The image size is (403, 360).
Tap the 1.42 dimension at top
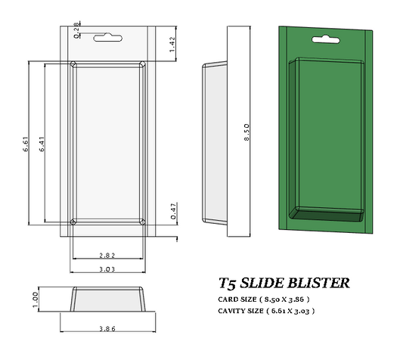[173, 43]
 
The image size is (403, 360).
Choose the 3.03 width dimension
[107, 269]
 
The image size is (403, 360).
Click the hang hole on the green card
[325, 36]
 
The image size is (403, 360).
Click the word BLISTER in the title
[321, 284]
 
